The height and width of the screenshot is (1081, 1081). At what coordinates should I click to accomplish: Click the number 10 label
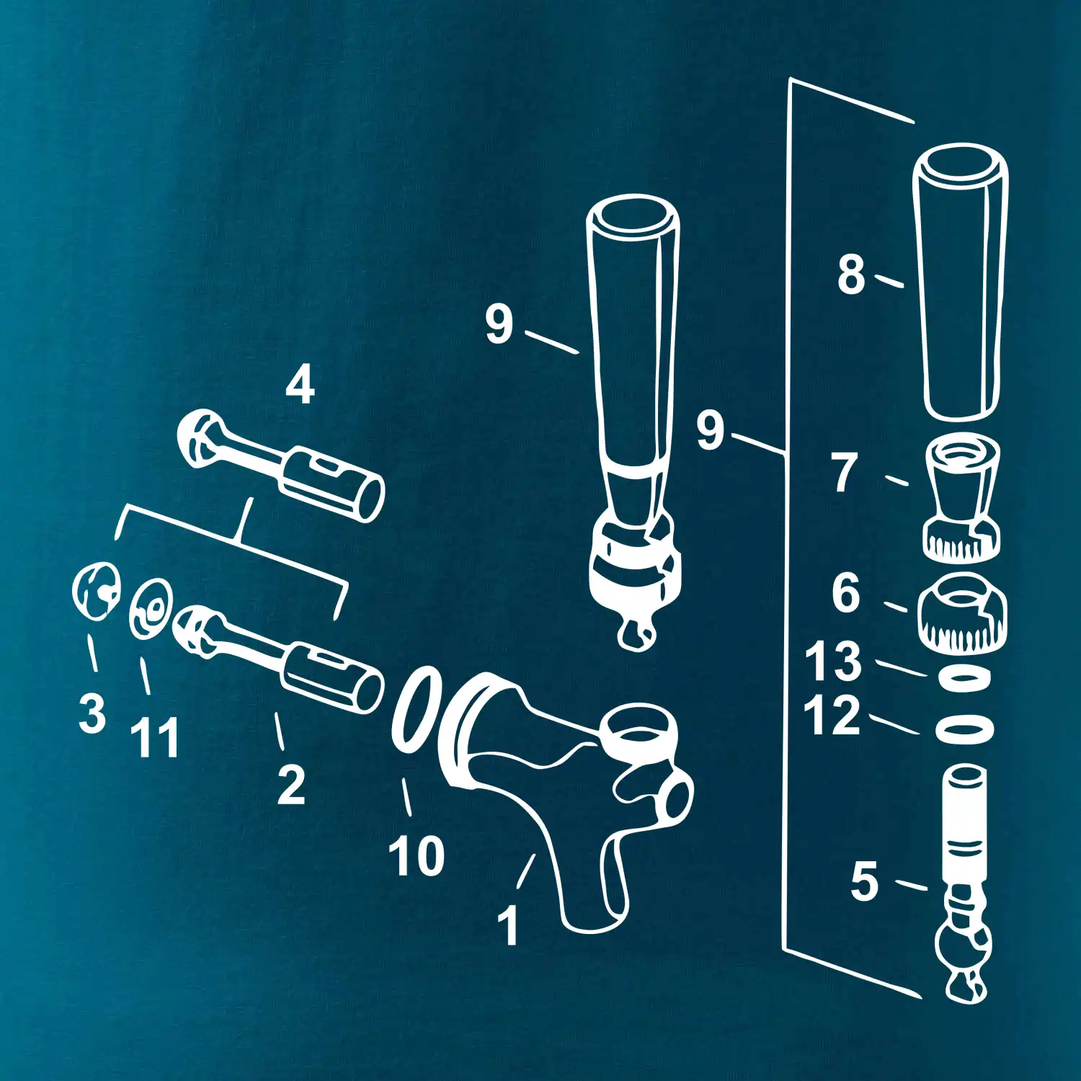pyautogui.click(x=417, y=855)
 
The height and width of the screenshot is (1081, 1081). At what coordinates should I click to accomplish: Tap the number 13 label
pyautogui.click(x=833, y=661)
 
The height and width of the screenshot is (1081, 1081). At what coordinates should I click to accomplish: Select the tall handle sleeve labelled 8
pyautogui.click(x=960, y=282)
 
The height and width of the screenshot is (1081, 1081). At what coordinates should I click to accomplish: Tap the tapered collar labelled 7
pyautogui.click(x=962, y=497)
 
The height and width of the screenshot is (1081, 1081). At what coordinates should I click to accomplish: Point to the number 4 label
pyautogui.click(x=300, y=384)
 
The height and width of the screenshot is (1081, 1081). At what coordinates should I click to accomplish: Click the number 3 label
pyautogui.click(x=92, y=713)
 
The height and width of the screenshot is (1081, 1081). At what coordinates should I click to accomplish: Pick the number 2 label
pyautogui.click(x=291, y=785)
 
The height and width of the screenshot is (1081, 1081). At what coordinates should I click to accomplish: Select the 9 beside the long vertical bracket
pyautogui.click(x=710, y=430)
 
